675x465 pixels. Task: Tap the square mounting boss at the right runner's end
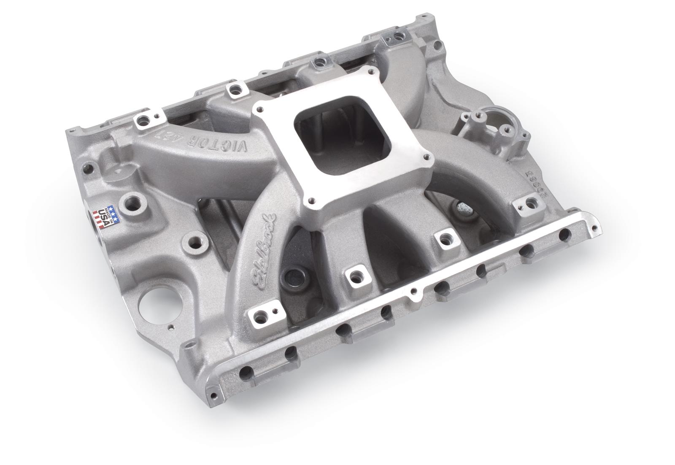click(x=526, y=204)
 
